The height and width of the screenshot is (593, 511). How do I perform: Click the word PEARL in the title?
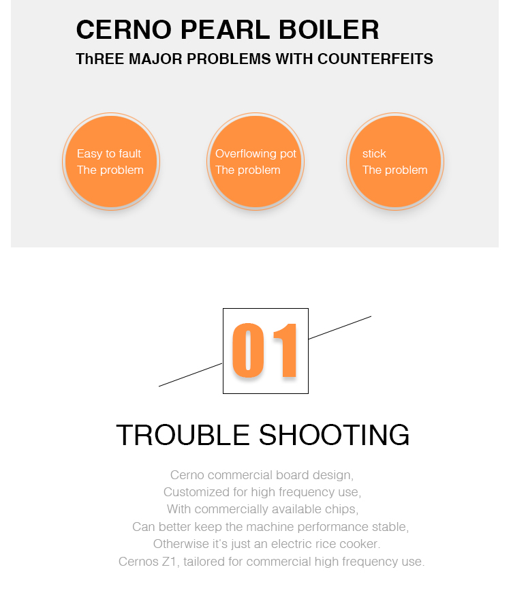(226, 29)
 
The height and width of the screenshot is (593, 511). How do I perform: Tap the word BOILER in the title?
(329, 29)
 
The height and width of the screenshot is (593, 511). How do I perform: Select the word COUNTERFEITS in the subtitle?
(375, 59)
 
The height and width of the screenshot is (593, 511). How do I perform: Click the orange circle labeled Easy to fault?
(111, 162)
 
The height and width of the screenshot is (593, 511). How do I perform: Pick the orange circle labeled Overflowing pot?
(255, 162)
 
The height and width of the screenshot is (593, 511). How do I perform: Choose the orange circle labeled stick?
(395, 162)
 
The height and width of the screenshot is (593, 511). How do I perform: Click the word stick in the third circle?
(374, 153)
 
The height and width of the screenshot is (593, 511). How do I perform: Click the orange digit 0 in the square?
(248, 350)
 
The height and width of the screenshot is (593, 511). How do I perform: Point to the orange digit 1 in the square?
(285, 350)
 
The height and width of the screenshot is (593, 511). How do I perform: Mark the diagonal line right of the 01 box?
(340, 327)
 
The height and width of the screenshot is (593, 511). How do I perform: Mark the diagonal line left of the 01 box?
(191, 375)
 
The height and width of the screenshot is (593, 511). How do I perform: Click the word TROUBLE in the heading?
(183, 435)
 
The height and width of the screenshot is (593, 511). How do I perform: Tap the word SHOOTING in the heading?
(334, 435)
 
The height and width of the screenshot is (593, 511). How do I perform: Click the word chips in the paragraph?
(345, 509)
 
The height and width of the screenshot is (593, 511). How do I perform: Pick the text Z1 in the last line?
(170, 562)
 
